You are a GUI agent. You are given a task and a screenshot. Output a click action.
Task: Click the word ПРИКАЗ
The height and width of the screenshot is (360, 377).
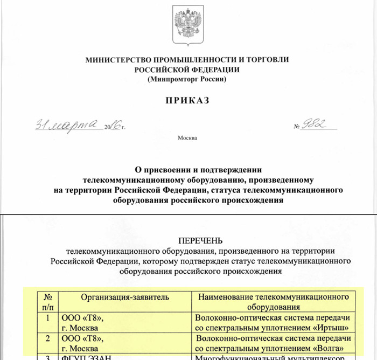pyautogui.click(x=188, y=100)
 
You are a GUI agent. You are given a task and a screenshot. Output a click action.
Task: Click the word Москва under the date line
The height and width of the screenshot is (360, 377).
pyautogui.click(x=187, y=139)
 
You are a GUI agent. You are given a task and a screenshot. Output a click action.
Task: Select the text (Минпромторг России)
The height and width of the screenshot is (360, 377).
pyautogui.click(x=187, y=79)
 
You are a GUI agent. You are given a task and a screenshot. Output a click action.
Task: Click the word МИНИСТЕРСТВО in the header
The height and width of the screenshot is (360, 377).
pyautogui.click(x=117, y=60)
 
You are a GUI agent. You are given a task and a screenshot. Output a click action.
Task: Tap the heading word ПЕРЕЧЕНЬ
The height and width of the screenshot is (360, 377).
pyautogui.click(x=200, y=240)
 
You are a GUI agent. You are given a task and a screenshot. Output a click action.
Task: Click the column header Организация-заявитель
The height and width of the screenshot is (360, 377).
pyautogui.click(x=125, y=297)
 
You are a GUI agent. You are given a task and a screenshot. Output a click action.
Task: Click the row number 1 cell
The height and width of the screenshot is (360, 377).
pyautogui.click(x=48, y=318)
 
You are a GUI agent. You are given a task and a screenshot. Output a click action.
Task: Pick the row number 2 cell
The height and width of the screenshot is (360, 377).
pyautogui.click(x=48, y=338)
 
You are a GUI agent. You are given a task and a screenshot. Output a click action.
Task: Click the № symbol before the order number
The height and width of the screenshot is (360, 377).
pyautogui.click(x=297, y=127)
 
